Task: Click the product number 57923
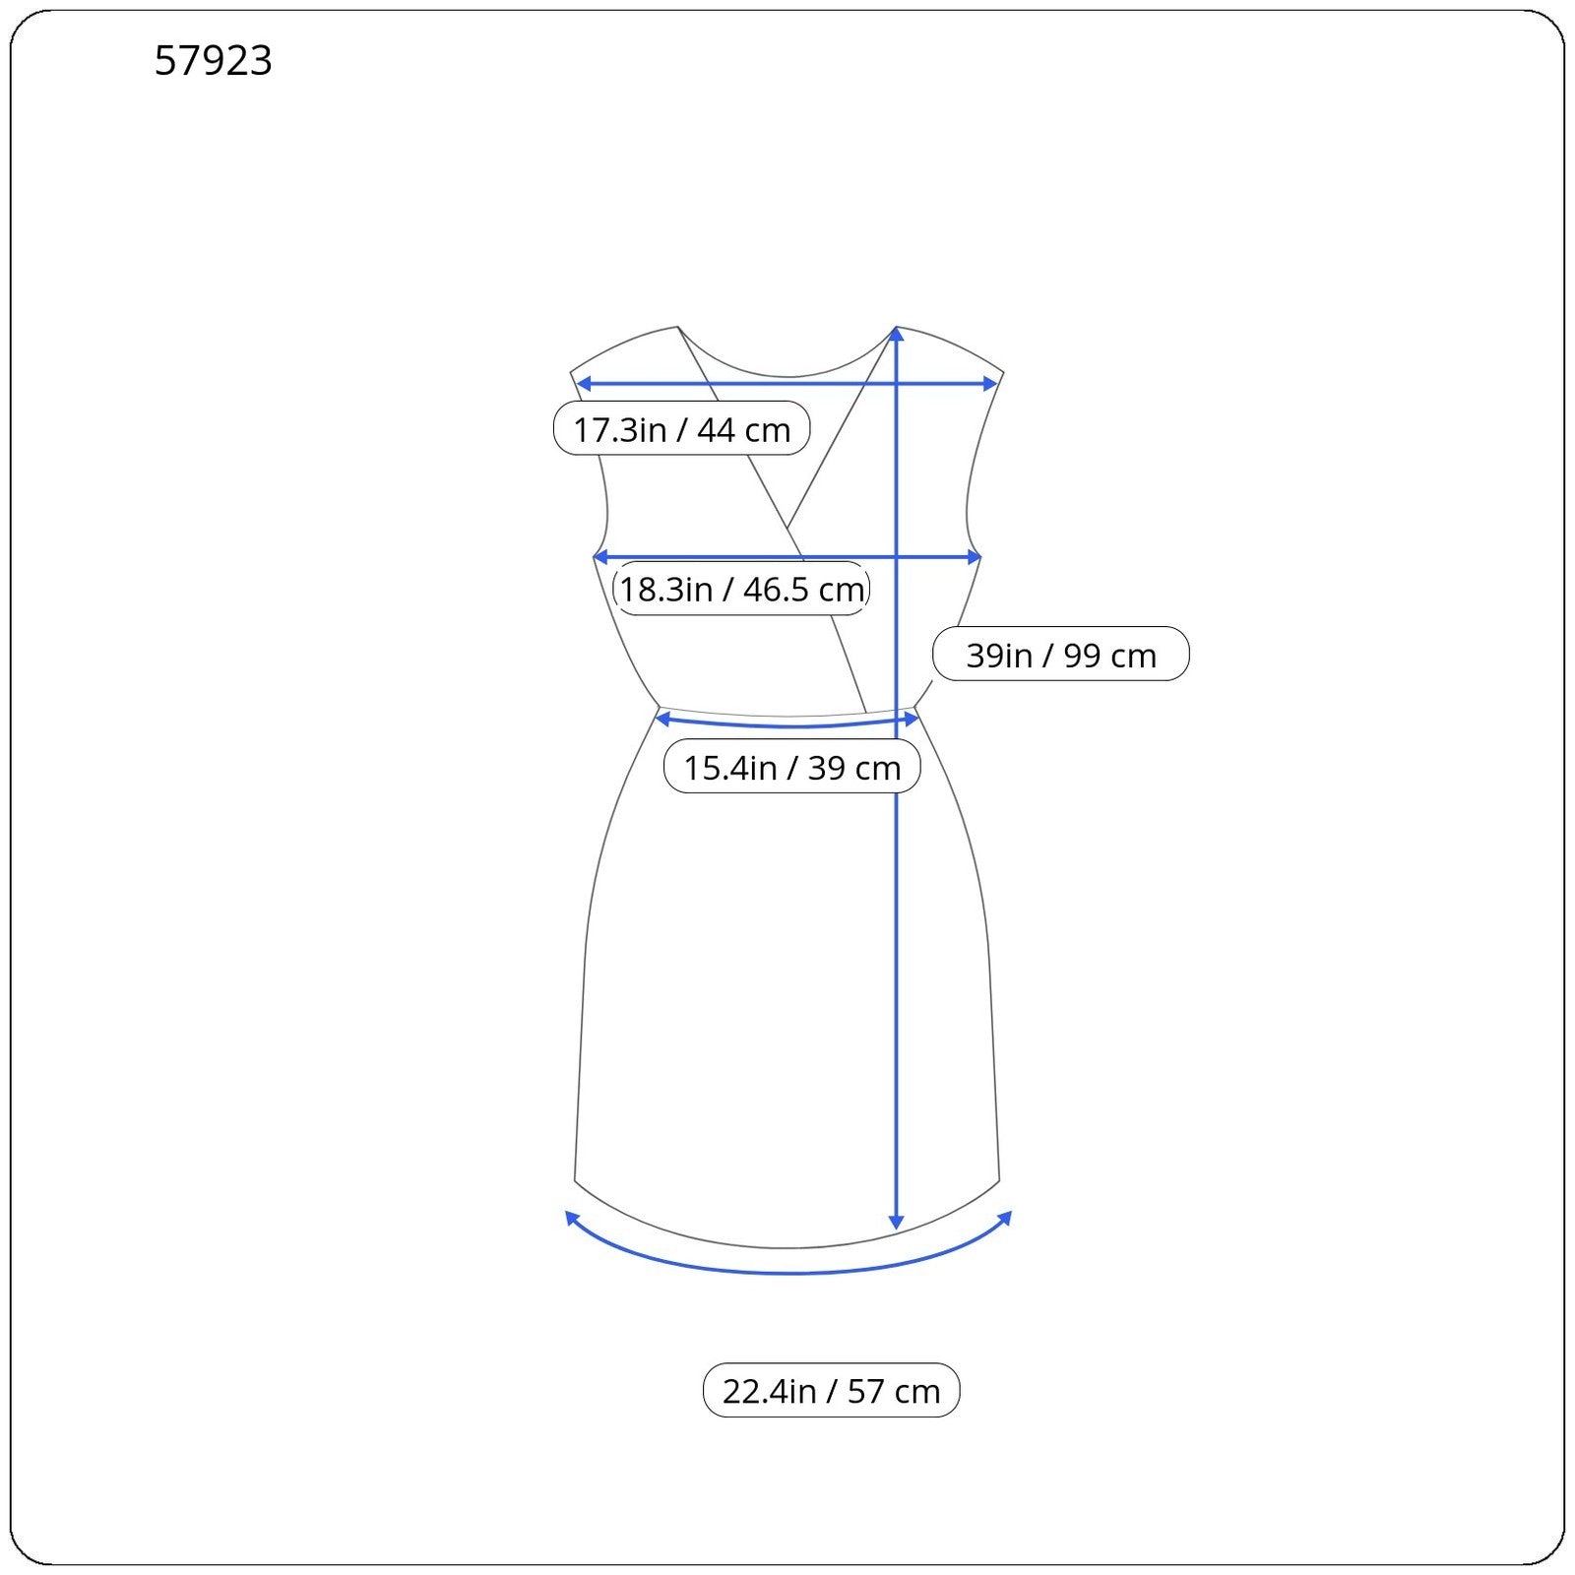pyautogui.click(x=213, y=61)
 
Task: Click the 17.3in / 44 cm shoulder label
pyautogui.click(x=681, y=429)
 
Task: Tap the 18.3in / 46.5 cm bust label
pyautogui.click(x=741, y=589)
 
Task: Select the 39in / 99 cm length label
pyautogui.click(x=1060, y=655)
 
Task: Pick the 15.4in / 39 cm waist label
pyautogui.click(x=792, y=767)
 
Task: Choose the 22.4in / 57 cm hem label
pyautogui.click(x=831, y=1390)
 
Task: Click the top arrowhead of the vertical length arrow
pyautogui.click(x=896, y=334)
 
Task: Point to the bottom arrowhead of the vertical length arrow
pyautogui.click(x=896, y=1224)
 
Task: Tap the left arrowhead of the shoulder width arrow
pyautogui.click(x=582, y=383)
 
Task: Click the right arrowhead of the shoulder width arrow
pyautogui.click(x=991, y=383)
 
